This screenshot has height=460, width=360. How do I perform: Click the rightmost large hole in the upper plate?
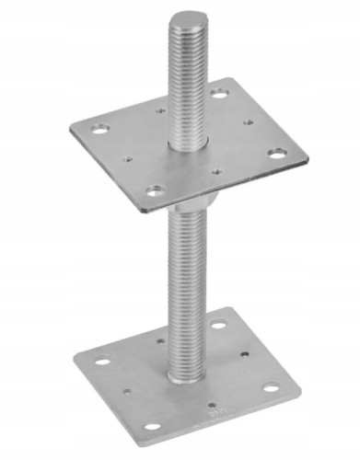click(x=276, y=153)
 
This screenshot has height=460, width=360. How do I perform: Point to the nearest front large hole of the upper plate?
click(x=156, y=191)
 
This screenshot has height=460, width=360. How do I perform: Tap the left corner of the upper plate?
click(x=71, y=128)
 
